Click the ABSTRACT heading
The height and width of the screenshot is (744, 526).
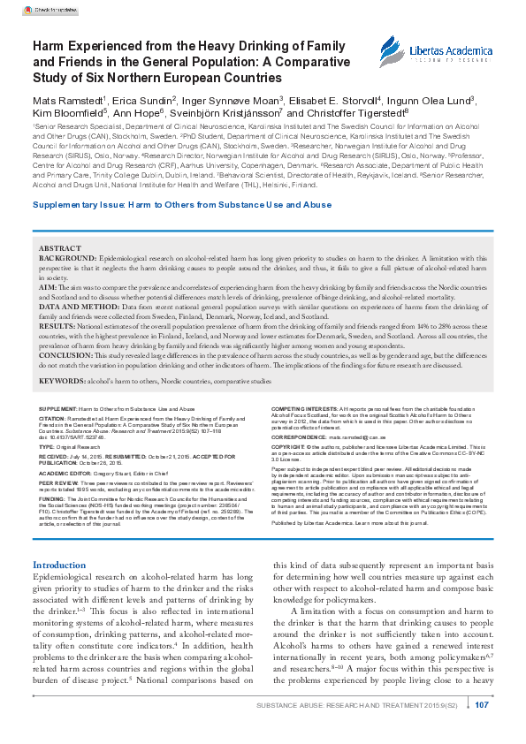tap(61, 249)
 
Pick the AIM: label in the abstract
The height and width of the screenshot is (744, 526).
tap(49, 288)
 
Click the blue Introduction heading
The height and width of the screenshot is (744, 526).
tap(59, 540)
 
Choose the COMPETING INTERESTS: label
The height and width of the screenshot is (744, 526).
tap(301, 410)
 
